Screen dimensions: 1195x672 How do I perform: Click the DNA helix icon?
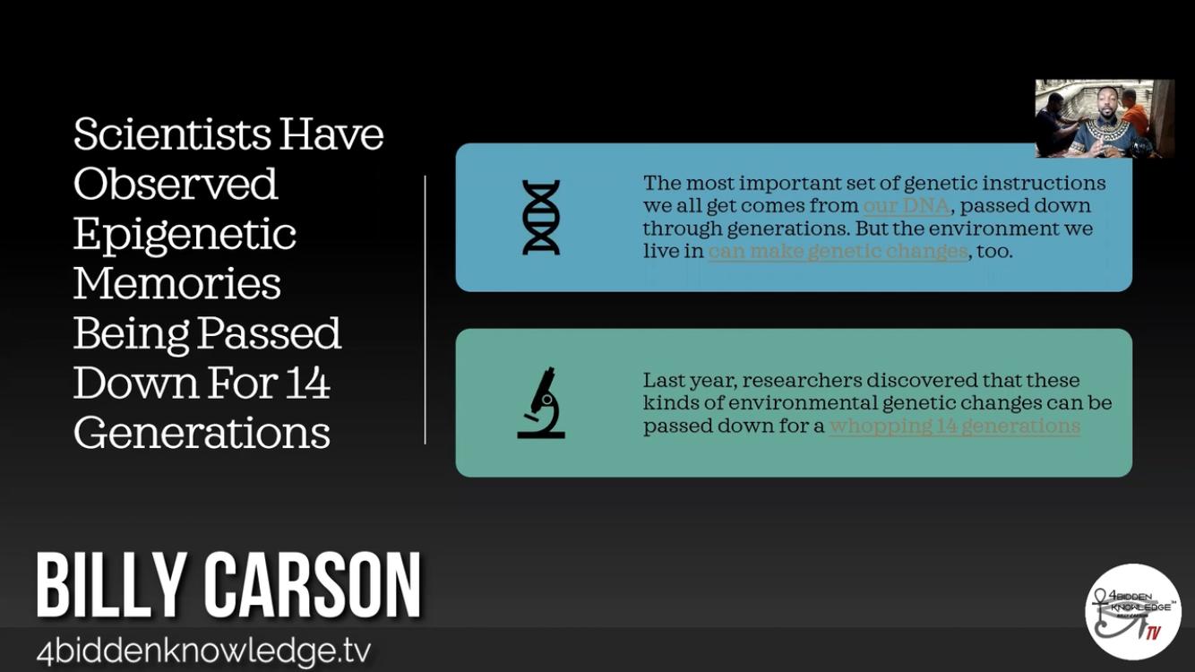541,217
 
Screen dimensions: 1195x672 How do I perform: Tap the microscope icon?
541,403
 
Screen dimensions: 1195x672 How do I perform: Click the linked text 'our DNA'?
907,206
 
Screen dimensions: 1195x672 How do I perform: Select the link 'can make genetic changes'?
838,251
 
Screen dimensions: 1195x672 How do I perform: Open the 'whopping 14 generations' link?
955,426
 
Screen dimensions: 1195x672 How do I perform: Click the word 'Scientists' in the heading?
172,134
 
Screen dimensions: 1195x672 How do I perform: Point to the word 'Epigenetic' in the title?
185,235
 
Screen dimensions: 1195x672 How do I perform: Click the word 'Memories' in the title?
177,283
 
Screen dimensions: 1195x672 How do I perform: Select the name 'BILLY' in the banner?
112,585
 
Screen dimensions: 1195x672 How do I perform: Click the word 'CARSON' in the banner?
313,585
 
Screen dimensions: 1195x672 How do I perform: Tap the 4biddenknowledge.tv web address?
203,651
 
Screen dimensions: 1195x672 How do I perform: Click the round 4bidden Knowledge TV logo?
1133,612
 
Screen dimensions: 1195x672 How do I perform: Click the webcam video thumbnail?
1105,118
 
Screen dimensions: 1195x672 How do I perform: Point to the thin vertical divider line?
426,310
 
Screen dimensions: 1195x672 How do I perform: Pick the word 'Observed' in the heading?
176,185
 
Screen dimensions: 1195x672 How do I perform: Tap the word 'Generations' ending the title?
202,433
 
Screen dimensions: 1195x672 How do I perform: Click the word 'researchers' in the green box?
801,381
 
